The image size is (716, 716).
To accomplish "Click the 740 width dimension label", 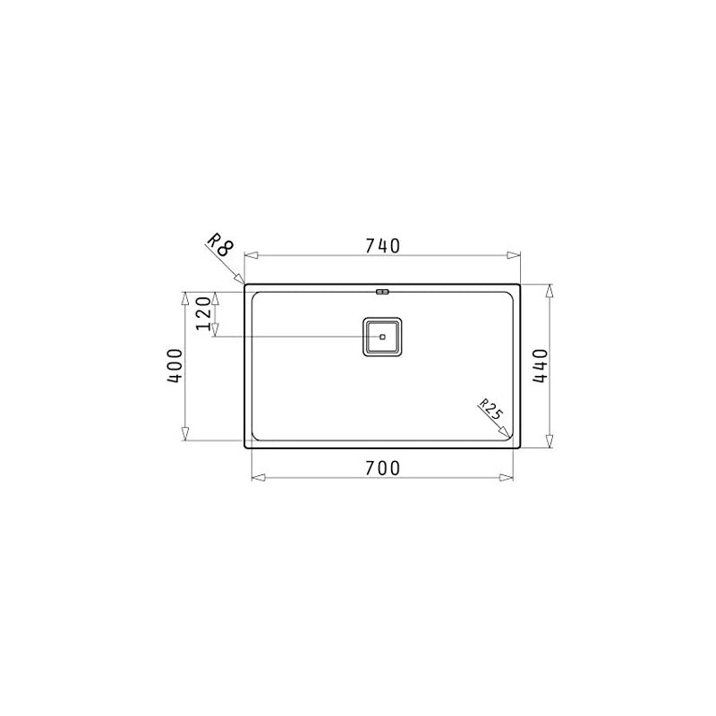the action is (383, 246).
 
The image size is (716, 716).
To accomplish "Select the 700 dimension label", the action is (383, 468).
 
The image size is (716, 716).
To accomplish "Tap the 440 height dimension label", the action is (541, 366).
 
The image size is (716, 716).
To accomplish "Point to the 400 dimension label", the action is (175, 366).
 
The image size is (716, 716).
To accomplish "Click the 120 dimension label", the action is (204, 313).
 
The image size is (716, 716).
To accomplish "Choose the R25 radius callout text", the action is (490, 409).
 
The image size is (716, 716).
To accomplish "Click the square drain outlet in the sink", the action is (382, 337).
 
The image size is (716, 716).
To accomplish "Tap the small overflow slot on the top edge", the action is (382, 292).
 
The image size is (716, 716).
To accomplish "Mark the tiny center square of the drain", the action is (382, 337).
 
